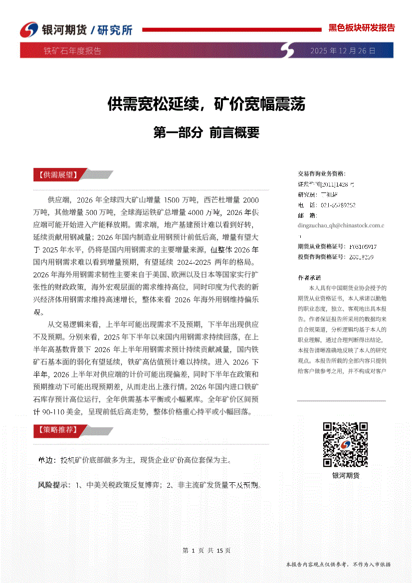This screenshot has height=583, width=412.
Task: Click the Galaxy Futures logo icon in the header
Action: coord(29,29)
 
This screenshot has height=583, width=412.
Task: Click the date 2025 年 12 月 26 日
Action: coord(343,51)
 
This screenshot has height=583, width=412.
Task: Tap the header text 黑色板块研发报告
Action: coord(362,28)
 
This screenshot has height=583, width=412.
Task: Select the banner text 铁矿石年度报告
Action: coord(72,51)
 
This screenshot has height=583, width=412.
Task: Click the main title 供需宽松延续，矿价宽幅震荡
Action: coord(206,104)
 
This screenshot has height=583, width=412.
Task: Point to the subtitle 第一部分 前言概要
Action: coord(206,133)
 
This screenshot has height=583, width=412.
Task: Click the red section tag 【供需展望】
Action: coord(56,175)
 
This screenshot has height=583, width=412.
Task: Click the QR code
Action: coord(345,444)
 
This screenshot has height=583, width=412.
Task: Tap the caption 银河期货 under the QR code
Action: coord(346,475)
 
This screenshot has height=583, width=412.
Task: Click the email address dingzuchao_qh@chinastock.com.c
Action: coord(341,225)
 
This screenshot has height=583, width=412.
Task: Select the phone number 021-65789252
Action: coord(338,204)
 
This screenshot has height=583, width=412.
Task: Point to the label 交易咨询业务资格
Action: coord(321,174)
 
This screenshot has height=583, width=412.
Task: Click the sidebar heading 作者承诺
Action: coord(310,277)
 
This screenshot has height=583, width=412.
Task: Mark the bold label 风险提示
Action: coord(54,485)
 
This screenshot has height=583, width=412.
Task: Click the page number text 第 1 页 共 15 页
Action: coord(206,550)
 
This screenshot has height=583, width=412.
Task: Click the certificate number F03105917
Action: coord(363,246)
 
